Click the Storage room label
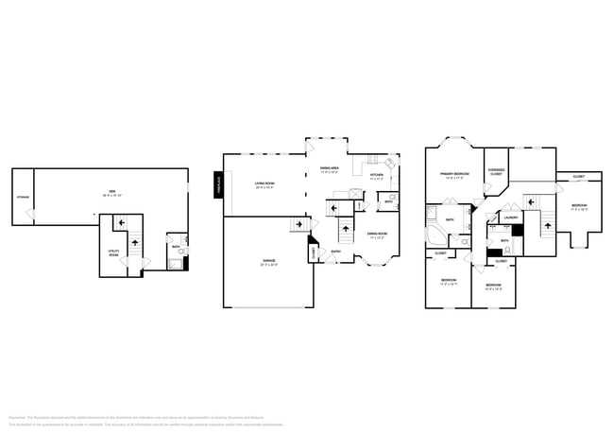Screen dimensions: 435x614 23,198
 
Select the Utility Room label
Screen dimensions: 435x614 114,252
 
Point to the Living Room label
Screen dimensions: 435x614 264,184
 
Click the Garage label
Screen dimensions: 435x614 268,262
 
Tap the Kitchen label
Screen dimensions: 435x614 376,176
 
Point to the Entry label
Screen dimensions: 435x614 336,251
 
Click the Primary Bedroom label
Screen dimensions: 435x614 454,175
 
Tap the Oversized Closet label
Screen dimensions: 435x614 496,172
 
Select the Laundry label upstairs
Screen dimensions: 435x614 510,217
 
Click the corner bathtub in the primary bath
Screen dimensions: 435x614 437,235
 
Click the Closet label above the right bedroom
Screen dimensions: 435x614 578,176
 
